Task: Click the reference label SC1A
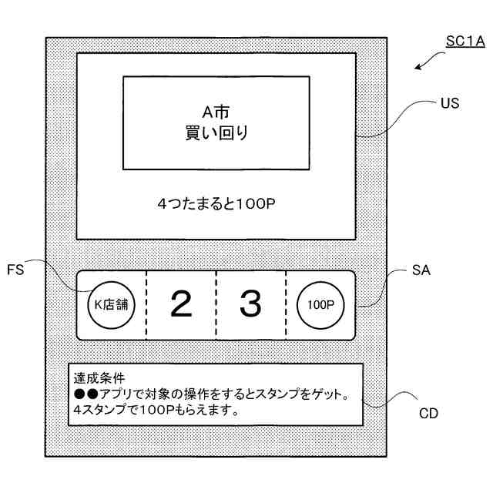click(x=465, y=40)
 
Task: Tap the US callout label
click(x=450, y=102)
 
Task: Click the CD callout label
click(x=429, y=413)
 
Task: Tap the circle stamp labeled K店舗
click(x=110, y=305)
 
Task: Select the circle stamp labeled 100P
click(x=320, y=305)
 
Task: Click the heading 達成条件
click(x=99, y=378)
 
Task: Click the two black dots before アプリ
click(x=83, y=394)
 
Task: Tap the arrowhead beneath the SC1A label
click(x=418, y=68)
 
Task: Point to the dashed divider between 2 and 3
click(x=216, y=305)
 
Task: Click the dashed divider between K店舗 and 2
click(x=146, y=305)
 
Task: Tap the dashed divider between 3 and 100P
click(x=286, y=305)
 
